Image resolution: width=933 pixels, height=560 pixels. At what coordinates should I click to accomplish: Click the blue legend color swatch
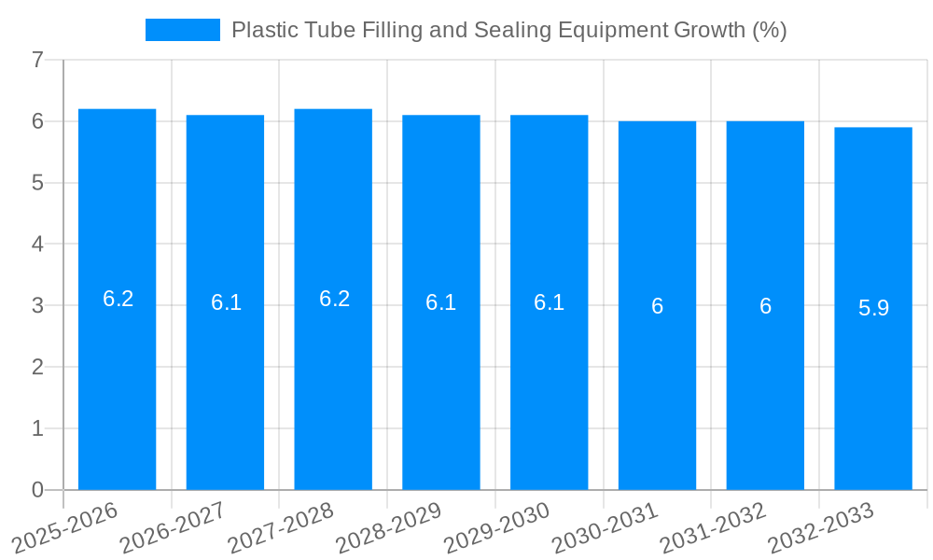click(182, 30)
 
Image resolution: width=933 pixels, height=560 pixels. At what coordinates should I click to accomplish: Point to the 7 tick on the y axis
click(37, 61)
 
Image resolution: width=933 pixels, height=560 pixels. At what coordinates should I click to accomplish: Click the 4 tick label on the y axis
click(37, 245)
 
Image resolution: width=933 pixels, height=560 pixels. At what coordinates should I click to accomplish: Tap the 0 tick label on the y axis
click(37, 490)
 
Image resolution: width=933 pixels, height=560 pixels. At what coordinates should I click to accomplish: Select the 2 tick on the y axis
click(37, 368)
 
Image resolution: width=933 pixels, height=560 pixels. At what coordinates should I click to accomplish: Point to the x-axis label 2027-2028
click(280, 526)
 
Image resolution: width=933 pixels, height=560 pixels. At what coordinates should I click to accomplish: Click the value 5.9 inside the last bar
click(873, 308)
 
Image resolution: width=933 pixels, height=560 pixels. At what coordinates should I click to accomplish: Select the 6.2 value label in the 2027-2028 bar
click(334, 299)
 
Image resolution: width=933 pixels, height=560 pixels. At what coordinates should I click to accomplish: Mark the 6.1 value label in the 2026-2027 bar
click(226, 302)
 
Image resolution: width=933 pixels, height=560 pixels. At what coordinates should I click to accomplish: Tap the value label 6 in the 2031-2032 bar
click(765, 306)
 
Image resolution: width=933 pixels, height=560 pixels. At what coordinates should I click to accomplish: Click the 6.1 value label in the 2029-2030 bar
click(549, 302)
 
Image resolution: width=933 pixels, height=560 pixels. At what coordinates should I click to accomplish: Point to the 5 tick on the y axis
click(37, 183)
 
